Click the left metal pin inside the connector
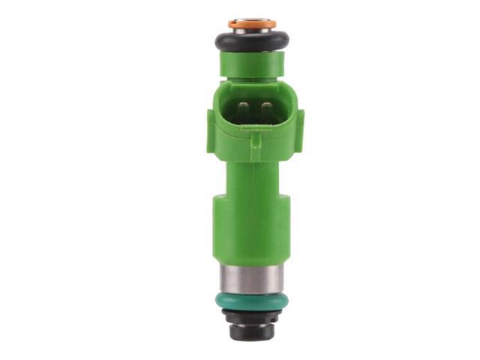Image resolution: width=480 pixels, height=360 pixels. coord(242,112)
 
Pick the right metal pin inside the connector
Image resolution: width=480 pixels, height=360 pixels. coord(265,112)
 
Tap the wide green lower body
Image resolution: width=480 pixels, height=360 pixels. coord(253,232)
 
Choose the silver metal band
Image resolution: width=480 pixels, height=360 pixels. coord(253,279)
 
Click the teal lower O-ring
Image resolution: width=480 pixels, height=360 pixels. coord(253,299)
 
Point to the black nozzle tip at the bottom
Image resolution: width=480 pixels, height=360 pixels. coord(253,330)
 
